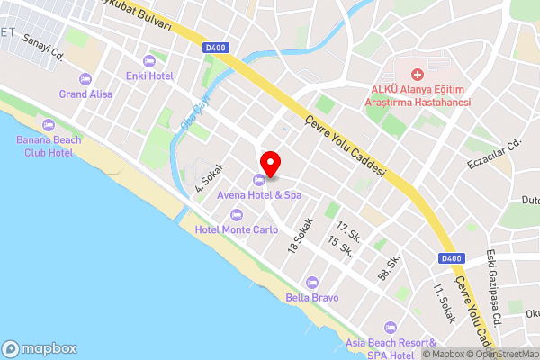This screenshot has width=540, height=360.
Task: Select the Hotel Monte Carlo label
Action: [x=236, y=229]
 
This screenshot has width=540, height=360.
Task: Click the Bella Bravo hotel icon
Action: [x=311, y=283]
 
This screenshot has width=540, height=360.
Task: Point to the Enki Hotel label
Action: [x=148, y=76]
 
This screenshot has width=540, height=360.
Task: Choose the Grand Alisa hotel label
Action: [x=85, y=93]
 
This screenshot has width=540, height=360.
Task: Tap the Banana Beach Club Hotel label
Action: [x=49, y=146]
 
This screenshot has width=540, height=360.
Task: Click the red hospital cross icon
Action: [x=417, y=73]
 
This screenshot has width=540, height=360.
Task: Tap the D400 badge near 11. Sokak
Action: [x=453, y=258]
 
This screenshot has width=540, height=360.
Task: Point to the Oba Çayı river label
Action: [x=195, y=112]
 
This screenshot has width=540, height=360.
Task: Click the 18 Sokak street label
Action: [x=300, y=235]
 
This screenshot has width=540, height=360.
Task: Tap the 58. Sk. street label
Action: [x=389, y=266]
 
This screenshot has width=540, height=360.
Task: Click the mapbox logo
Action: [x=40, y=348]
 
